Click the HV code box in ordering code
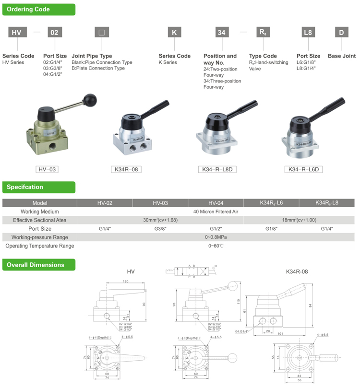(17, 33)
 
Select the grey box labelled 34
(221, 33)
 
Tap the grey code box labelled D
(341, 33)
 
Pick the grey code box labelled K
(174, 33)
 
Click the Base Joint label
(342, 56)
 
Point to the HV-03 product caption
(48, 169)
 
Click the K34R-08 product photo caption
(126, 169)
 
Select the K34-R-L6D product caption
(303, 169)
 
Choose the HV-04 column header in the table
(216, 203)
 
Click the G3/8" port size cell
(160, 229)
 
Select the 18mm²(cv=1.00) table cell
(299, 220)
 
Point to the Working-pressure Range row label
(40, 237)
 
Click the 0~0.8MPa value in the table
(216, 237)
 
